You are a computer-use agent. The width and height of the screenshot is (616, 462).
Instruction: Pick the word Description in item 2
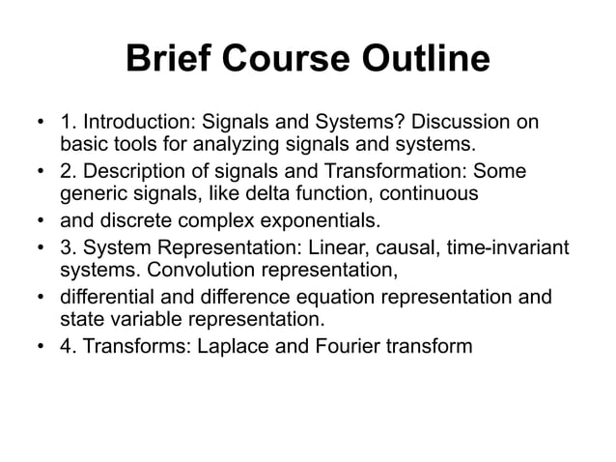click(131, 172)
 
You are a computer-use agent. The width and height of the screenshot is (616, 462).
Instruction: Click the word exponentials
click(320, 219)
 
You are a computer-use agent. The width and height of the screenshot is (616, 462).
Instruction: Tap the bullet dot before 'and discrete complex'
click(41, 220)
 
